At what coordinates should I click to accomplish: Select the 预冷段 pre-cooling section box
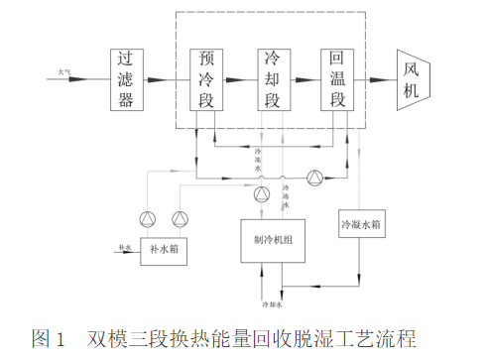[x=206, y=79]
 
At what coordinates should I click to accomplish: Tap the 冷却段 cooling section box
[x=271, y=79]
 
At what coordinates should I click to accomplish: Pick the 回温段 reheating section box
[x=337, y=79]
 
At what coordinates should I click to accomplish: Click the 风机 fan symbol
[x=411, y=78]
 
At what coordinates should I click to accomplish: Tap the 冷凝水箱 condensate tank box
[x=361, y=225]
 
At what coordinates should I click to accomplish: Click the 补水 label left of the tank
[x=124, y=245]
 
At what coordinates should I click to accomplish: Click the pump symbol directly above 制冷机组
[x=262, y=193]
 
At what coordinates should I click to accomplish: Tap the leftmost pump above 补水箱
[x=149, y=218]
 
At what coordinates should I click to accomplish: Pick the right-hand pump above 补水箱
[x=180, y=218]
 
